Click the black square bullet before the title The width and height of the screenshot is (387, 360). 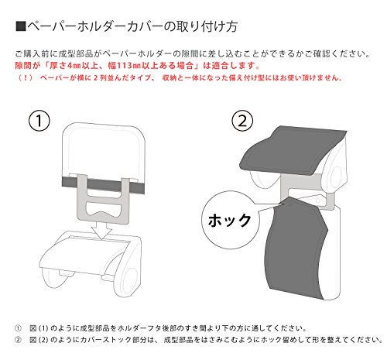click(x=21, y=26)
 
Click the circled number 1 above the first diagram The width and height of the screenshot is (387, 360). click(x=39, y=121)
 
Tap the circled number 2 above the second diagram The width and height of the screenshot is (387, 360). click(x=242, y=121)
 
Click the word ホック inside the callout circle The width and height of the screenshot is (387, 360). click(x=229, y=221)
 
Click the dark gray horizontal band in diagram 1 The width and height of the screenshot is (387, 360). click(x=103, y=185)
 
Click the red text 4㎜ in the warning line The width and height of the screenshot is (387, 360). click(x=74, y=66)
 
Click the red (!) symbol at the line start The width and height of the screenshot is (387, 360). click(x=26, y=77)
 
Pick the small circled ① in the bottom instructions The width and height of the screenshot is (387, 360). click(x=18, y=328)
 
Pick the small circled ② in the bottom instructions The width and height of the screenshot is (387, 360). click(x=18, y=340)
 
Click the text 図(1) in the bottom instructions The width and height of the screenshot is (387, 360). click(x=39, y=328)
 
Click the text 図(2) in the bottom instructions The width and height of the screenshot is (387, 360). click(x=39, y=340)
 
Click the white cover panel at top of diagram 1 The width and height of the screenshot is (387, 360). click(x=104, y=149)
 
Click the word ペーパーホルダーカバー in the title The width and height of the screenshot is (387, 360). click(x=94, y=26)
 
